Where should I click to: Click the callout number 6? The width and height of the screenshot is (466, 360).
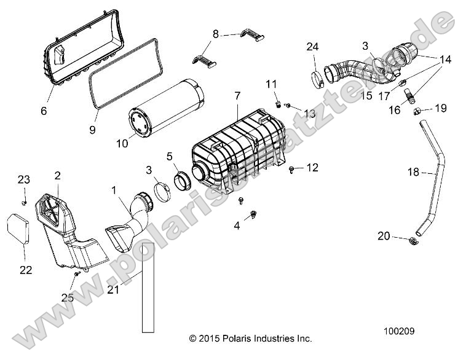point(44,111)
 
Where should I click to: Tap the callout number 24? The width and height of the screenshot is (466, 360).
point(313,47)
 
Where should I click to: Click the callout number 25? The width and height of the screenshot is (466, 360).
point(68,298)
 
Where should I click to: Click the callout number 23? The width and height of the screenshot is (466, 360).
point(23,180)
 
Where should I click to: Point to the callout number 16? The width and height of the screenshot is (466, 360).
point(395,110)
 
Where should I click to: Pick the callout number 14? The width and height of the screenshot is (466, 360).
point(445,60)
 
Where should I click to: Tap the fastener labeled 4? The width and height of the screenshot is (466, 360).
point(253,214)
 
